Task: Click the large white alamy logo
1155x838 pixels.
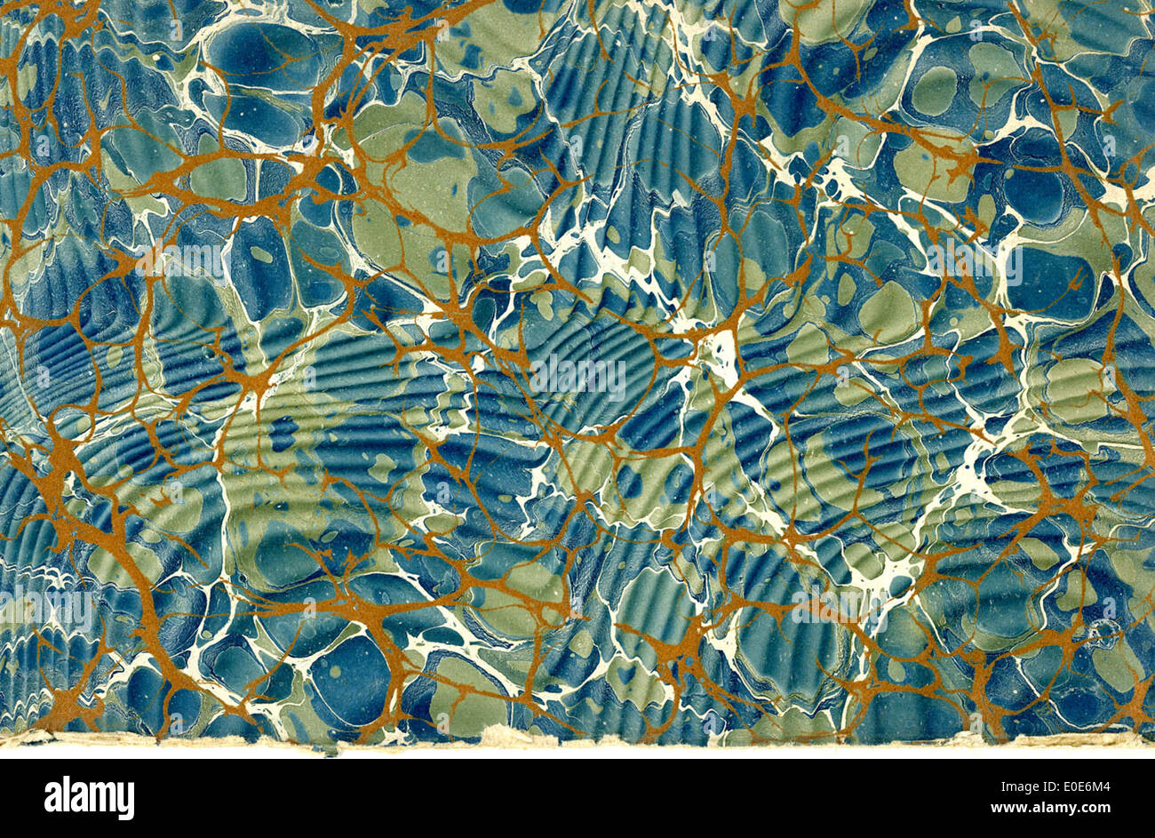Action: pos(89,797)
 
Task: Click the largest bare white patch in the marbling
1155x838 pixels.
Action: pos(724,351)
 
